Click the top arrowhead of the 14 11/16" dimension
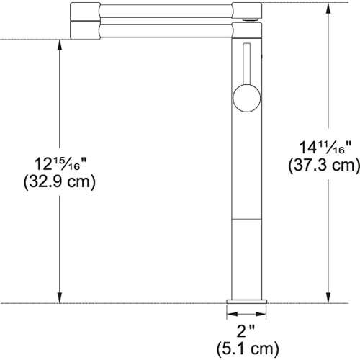(x=329, y=8)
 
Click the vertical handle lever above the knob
(x=245, y=64)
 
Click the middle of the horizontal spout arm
(x=166, y=21)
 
